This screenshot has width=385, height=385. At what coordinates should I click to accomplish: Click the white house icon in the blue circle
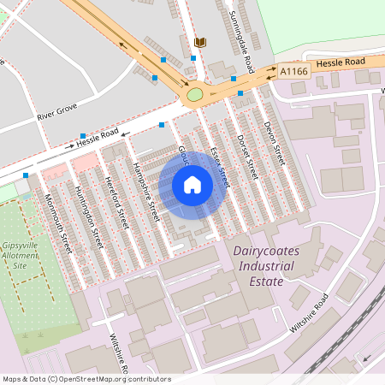(192, 184)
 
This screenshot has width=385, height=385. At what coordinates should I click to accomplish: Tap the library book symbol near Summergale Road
(201, 42)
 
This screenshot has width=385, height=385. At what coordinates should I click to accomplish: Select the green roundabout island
(195, 94)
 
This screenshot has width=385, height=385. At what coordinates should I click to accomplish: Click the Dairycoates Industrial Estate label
(264, 260)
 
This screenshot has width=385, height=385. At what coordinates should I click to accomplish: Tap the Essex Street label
(218, 164)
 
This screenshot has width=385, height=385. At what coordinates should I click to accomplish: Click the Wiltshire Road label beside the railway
(308, 314)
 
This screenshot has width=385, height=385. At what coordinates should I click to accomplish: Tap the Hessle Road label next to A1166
(340, 62)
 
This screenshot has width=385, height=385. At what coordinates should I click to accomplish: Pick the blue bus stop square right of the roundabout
(240, 92)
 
